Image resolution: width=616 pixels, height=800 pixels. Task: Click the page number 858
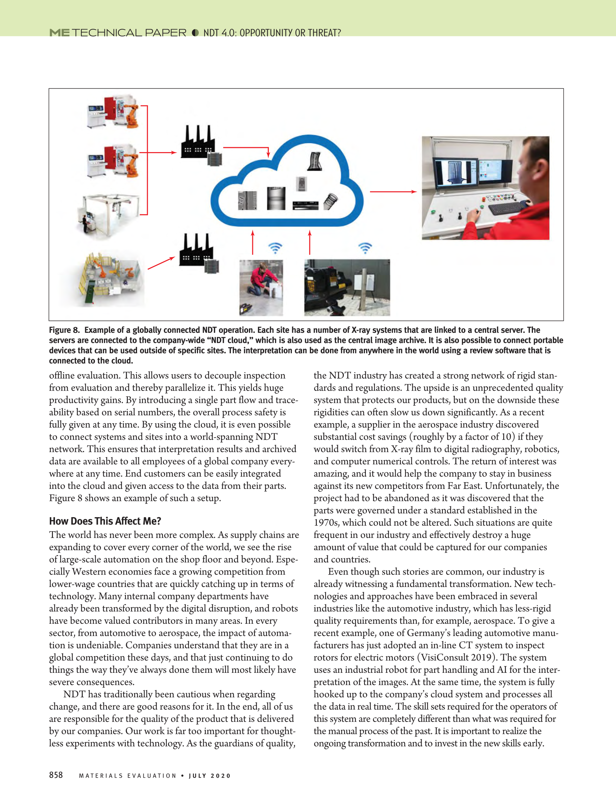pyautogui.click(x=56, y=775)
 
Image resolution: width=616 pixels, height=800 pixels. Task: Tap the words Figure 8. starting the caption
pyautogui.click(x=64, y=330)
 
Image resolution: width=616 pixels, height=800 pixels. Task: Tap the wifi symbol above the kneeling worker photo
pyautogui.click(x=275, y=248)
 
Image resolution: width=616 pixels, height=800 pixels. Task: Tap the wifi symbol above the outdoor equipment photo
pyautogui.click(x=365, y=248)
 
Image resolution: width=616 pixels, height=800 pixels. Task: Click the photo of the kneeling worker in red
pyautogui.click(x=261, y=288)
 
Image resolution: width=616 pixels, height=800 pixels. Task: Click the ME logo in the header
pyautogui.click(x=59, y=33)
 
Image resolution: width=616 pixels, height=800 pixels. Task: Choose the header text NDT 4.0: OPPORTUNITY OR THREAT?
pyautogui.click(x=272, y=33)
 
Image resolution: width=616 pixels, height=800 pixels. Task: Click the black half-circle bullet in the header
pyautogui.click(x=195, y=33)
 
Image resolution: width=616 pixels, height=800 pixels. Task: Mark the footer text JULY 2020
pyautogui.click(x=210, y=775)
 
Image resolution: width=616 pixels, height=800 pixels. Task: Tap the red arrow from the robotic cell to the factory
pyautogui.click(x=161, y=263)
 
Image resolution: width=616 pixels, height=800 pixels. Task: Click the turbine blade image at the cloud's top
pyautogui.click(x=315, y=162)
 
